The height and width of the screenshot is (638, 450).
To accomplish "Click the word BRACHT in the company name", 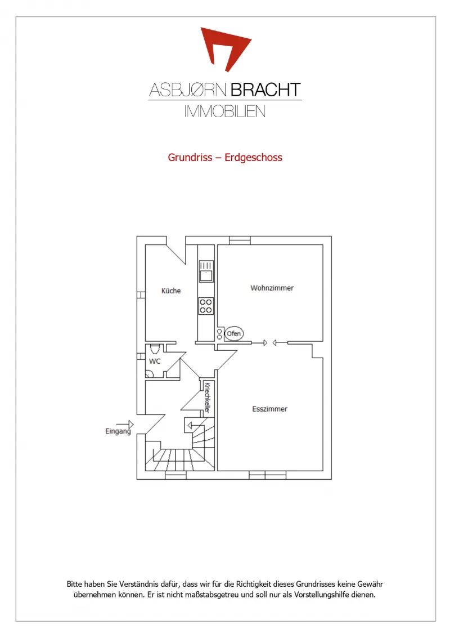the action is click(x=265, y=90).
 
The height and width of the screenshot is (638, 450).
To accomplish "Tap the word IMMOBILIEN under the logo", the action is click(x=225, y=111).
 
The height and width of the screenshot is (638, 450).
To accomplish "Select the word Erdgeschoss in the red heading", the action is click(x=253, y=158).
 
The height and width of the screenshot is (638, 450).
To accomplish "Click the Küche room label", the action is click(x=171, y=291).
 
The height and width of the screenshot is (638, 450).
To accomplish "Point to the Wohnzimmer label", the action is click(x=272, y=288).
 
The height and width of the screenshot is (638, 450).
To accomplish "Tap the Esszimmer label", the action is click(x=269, y=409).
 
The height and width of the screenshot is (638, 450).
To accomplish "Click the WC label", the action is click(x=155, y=361).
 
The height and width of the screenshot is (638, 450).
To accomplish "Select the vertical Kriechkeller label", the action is click(x=207, y=398).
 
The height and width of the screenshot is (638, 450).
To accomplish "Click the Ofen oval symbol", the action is click(x=234, y=334).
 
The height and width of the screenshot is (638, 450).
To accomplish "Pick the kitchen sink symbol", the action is click(x=206, y=271).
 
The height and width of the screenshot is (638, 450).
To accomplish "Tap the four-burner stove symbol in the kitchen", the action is click(x=206, y=306).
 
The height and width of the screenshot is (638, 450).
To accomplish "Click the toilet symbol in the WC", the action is click(x=155, y=349).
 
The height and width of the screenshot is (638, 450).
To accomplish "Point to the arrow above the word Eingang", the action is click(x=125, y=425).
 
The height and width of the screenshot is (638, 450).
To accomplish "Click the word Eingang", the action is click(x=118, y=431).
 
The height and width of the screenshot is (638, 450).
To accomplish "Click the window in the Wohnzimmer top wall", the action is click(x=240, y=240).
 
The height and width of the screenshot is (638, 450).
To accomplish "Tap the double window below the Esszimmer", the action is click(x=268, y=475).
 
